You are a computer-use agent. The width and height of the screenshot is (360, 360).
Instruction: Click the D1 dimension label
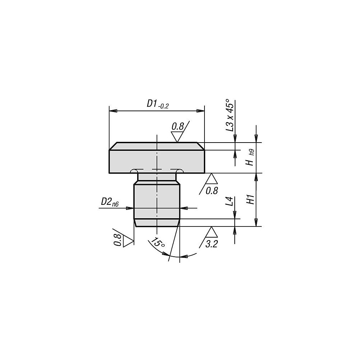(152, 104)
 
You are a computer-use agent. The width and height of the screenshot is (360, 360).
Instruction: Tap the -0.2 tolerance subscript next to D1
(163, 106)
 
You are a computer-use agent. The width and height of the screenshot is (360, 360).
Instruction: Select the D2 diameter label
(106, 202)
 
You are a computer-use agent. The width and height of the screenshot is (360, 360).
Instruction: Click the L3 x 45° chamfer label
(230, 115)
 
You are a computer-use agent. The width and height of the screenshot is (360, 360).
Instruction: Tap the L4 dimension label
(230, 201)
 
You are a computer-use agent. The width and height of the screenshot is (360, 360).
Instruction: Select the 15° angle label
(158, 242)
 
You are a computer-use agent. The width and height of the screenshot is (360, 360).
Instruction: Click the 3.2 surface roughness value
(211, 244)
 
